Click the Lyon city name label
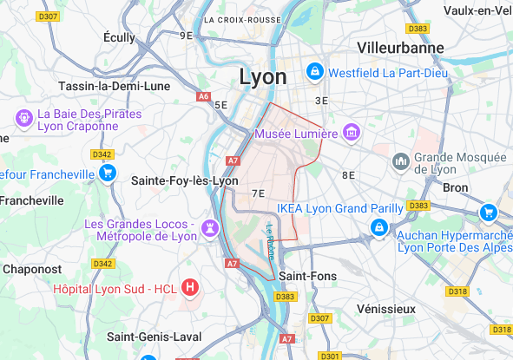pyautogui.click(x=262, y=76)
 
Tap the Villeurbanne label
pyautogui.click(x=400, y=48)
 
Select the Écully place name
pyautogui.click(x=119, y=37)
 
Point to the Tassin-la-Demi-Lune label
pyautogui.click(x=115, y=86)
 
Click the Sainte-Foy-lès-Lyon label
pyautogui.click(x=184, y=180)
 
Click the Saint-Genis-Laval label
pyautogui.click(x=155, y=336)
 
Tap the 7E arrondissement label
pyautogui.click(x=258, y=193)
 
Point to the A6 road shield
pyautogui.click(x=204, y=96)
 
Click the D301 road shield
pyautogui.click(x=329, y=356)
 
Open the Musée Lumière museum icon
pyautogui.click(x=352, y=133)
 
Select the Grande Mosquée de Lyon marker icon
pyautogui.click(x=401, y=160)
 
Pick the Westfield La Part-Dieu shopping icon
pyautogui.click(x=316, y=70)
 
